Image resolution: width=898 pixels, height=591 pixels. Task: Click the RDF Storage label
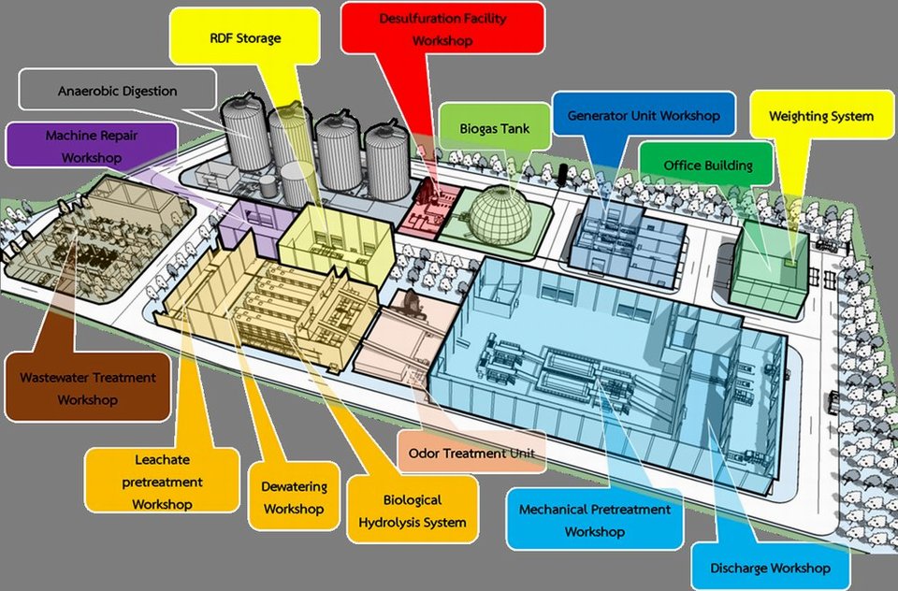click(x=245, y=38)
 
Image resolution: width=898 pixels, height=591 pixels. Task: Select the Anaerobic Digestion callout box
click(x=117, y=92)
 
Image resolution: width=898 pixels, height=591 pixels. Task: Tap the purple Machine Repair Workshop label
click(x=91, y=147)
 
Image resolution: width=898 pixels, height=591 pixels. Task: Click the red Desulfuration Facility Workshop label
click(x=442, y=30)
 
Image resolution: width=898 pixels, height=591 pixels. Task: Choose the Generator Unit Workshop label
click(x=644, y=117)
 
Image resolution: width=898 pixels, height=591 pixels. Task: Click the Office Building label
click(x=707, y=166)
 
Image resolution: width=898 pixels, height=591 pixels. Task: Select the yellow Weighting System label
click(x=820, y=117)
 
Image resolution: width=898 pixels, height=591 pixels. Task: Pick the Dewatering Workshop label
click(x=294, y=497)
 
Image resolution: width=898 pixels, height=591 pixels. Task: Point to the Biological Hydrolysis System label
click(x=412, y=511)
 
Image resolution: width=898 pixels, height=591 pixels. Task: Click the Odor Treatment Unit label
click(x=471, y=454)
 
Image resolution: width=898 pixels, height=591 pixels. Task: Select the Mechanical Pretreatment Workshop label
click(x=594, y=520)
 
